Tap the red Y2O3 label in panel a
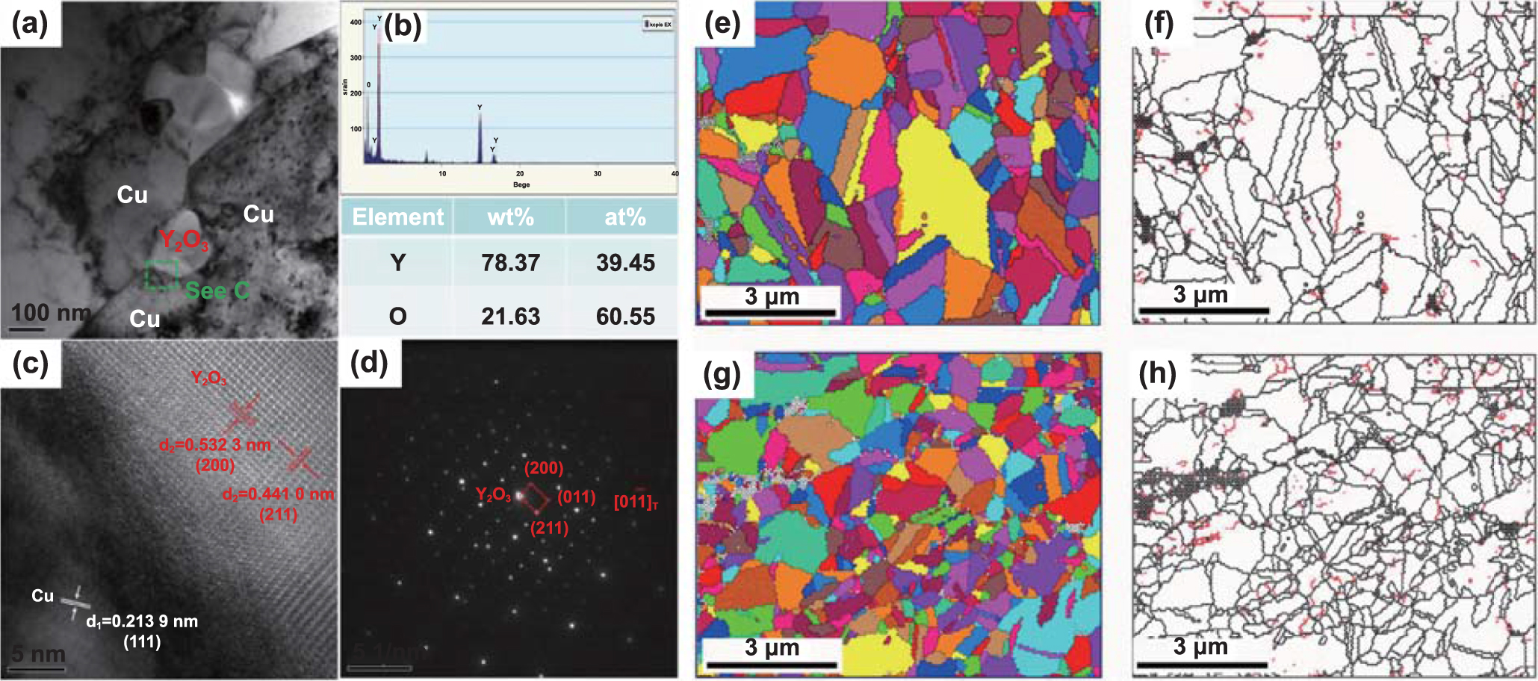pyautogui.click(x=183, y=240)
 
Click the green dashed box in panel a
pyautogui.click(x=162, y=274)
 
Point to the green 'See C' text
pyautogui.click(x=217, y=290)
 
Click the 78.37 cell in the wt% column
pyautogui.click(x=510, y=263)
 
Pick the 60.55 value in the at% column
pyautogui.click(x=625, y=317)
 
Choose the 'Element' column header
pyautogui.click(x=397, y=217)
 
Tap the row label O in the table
pyautogui.click(x=397, y=317)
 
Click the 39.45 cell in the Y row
pyautogui.click(x=625, y=263)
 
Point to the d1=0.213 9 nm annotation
pyautogui.click(x=142, y=621)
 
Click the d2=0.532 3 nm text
pyautogui.click(x=215, y=446)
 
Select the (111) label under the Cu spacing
pyautogui.click(x=142, y=641)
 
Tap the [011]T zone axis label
pyautogui.click(x=636, y=501)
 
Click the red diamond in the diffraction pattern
pyautogui.click(x=535, y=498)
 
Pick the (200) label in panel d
pyautogui.click(x=544, y=468)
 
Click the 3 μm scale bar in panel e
pyautogui.click(x=770, y=312)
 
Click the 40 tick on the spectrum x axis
pyautogui.click(x=675, y=174)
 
